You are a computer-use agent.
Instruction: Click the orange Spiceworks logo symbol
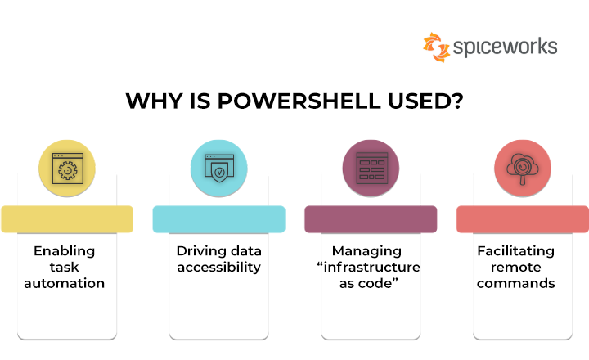436,47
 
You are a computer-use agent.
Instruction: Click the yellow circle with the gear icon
67,168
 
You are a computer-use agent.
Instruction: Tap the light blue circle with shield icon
218,168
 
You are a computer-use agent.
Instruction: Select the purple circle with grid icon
370,168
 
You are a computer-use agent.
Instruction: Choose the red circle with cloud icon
522,168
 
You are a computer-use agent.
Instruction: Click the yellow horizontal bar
67,219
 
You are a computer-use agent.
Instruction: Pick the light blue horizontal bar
218,219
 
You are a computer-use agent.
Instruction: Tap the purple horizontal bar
371,219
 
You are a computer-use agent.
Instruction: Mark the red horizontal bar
522,219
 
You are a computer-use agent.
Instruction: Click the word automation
65,284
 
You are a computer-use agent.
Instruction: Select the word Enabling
65,250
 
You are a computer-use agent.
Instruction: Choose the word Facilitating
515,250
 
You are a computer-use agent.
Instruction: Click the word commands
515,284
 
